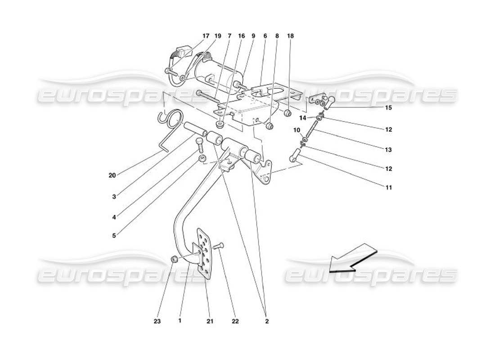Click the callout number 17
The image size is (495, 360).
click(x=206, y=36)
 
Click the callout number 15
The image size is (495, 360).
click(x=388, y=108)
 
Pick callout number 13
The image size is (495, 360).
click(x=388, y=149)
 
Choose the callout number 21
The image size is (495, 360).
click(x=210, y=321)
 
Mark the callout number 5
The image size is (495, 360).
click(x=114, y=235)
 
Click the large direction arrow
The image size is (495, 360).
click(x=352, y=259)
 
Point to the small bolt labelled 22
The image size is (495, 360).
click(x=219, y=246)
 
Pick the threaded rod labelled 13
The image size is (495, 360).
click(x=311, y=130)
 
